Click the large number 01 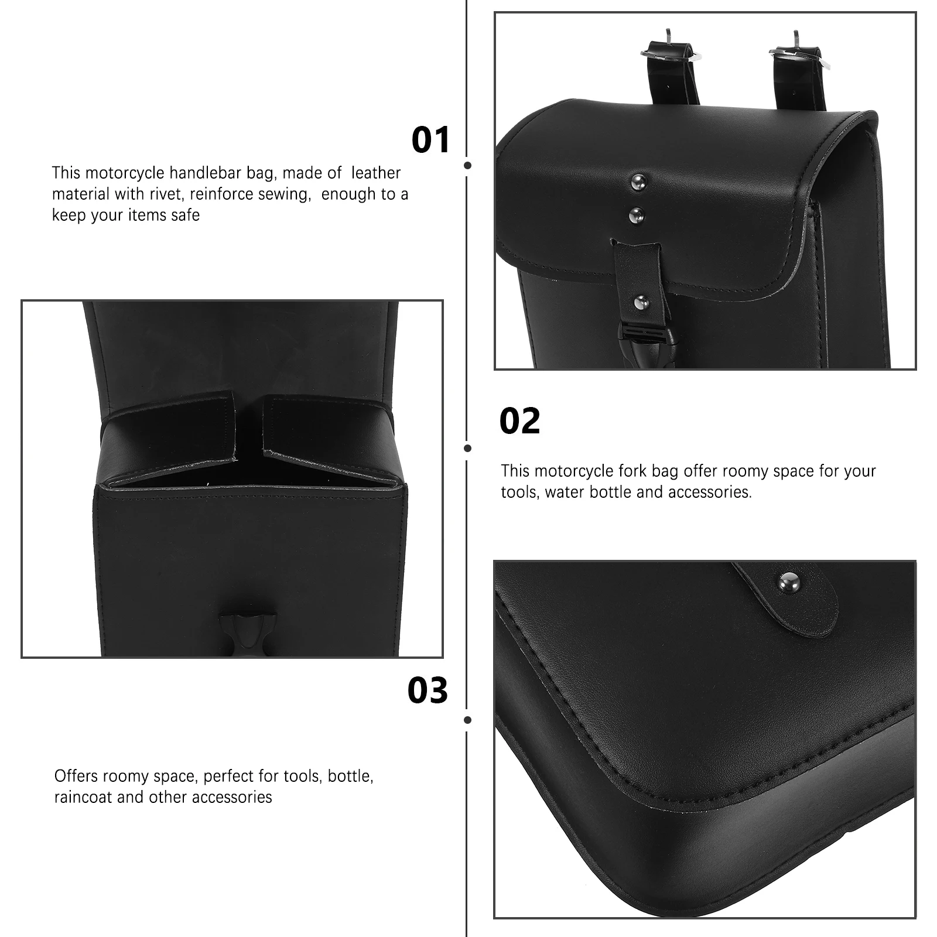coord(430,140)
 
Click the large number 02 coord(519,421)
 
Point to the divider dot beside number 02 coord(467,448)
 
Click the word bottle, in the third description coord(350,776)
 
